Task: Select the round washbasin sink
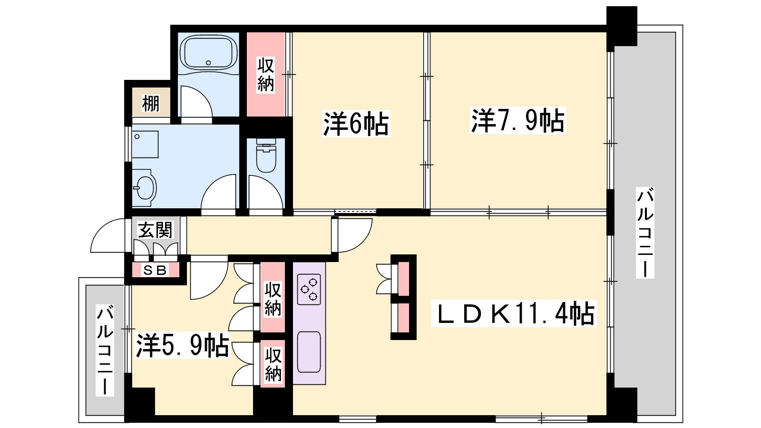click(145, 188)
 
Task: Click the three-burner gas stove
click(309, 289)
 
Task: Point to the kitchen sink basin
click(309, 352)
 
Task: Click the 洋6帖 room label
click(356, 124)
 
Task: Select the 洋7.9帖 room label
click(518, 120)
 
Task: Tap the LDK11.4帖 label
click(514, 313)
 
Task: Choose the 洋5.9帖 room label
click(183, 345)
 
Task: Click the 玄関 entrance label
click(155, 230)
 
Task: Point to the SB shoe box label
click(155, 271)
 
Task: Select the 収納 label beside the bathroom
click(266, 75)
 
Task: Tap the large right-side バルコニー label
click(645, 233)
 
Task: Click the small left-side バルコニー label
click(105, 350)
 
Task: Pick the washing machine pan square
click(145, 145)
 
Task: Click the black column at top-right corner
click(622, 26)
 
